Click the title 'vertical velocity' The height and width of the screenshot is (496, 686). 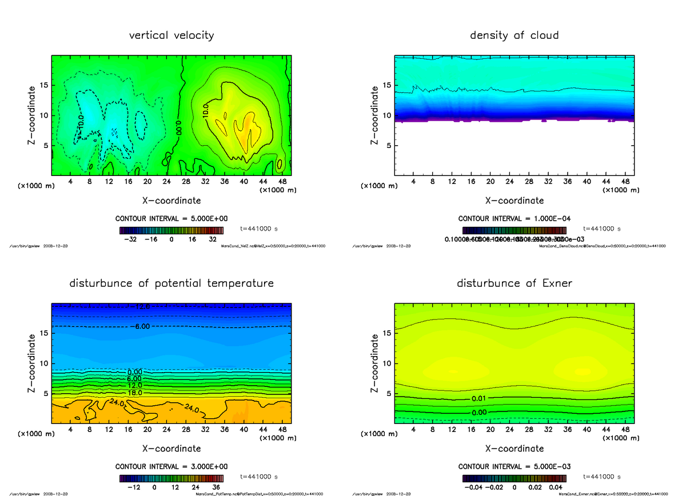click(x=171, y=35)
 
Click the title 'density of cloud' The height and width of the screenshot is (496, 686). click(x=514, y=35)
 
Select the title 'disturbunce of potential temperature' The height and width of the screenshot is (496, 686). click(x=171, y=283)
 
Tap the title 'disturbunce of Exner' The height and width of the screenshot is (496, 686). click(x=514, y=283)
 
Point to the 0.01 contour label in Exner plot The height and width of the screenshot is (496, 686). click(x=480, y=398)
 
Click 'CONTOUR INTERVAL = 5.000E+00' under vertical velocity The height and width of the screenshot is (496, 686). click(x=172, y=219)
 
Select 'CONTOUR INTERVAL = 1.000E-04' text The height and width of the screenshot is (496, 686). click(x=515, y=219)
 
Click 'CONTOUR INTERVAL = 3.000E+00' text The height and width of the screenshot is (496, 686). click(x=172, y=466)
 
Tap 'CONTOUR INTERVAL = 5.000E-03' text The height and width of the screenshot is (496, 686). click(x=515, y=466)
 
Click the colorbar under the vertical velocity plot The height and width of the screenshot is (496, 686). click(x=171, y=230)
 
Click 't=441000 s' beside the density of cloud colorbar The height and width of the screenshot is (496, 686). click(x=602, y=229)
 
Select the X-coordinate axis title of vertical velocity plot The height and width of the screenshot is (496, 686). click(x=171, y=201)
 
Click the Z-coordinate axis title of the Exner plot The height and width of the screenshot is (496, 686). click(x=375, y=363)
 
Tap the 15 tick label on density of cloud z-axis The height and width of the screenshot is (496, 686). click(x=386, y=85)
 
